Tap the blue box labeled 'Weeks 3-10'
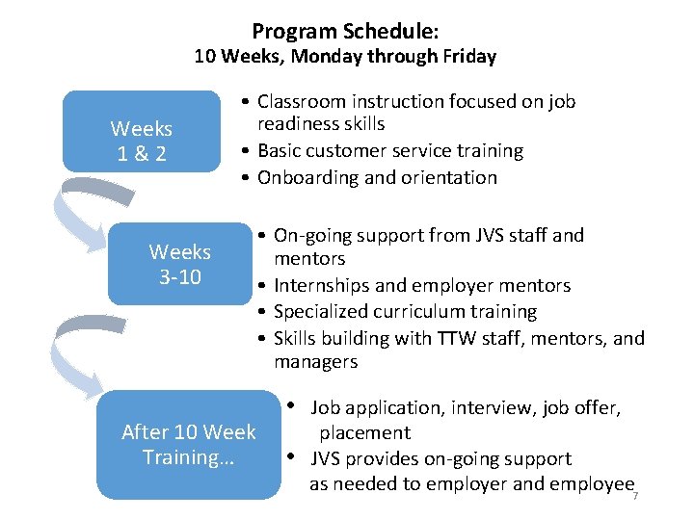(179, 264)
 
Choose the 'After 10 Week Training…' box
(189, 444)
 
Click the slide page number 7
(635, 495)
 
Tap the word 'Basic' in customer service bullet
(280, 151)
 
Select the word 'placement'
(364, 433)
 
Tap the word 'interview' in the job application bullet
(460, 408)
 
